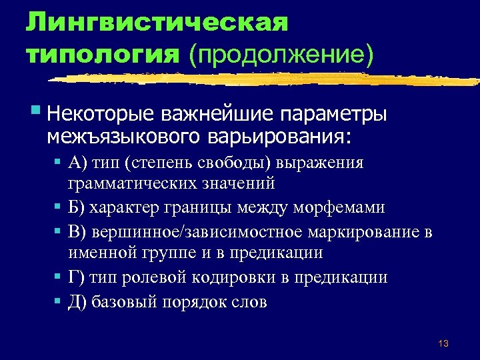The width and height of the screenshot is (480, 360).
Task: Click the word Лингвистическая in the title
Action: pyautogui.click(x=157, y=22)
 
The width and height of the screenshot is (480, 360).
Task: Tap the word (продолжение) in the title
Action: pyautogui.click(x=281, y=53)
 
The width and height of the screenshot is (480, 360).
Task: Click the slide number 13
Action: pyautogui.click(x=443, y=343)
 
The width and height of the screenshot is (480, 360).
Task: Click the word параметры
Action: pyautogui.click(x=332, y=114)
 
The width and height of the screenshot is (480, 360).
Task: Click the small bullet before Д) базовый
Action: pyautogui.click(x=59, y=301)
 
